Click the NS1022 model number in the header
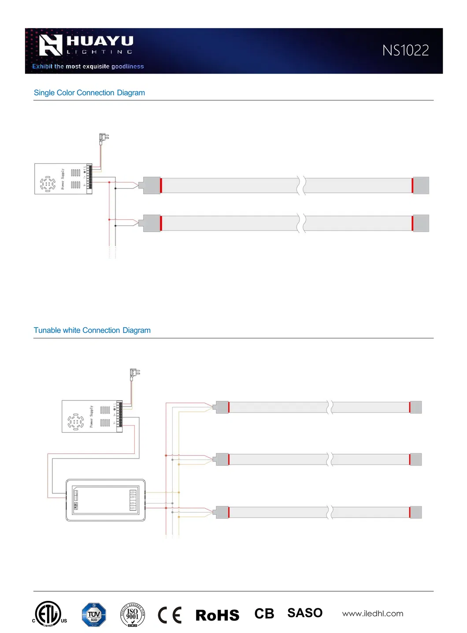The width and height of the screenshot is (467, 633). coord(405,51)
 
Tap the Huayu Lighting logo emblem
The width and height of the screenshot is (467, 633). coord(50,45)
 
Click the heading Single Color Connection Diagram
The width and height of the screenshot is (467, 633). coord(89,93)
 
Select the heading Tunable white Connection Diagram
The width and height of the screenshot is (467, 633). coord(92,330)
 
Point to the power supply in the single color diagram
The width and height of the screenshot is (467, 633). coord(63,179)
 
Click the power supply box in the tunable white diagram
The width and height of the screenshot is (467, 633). coord(92,416)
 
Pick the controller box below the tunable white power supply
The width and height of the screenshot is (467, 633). coord(105,500)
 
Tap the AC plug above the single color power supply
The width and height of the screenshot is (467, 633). coord(103,138)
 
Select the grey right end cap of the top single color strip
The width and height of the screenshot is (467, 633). coord(421,185)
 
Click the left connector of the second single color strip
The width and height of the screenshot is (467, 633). coord(151,223)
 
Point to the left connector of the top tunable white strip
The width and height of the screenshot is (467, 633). coord(222,407)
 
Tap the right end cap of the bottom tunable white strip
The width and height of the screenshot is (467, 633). coord(415,512)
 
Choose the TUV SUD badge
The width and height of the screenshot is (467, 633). coord(94,614)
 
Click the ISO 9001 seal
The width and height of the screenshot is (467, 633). coord(132,614)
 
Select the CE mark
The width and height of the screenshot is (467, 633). coord(170,615)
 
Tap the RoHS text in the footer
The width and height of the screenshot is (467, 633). coord(217,615)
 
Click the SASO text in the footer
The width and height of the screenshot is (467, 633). coord(305,613)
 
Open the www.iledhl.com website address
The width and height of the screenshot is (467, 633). coord(373,614)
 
